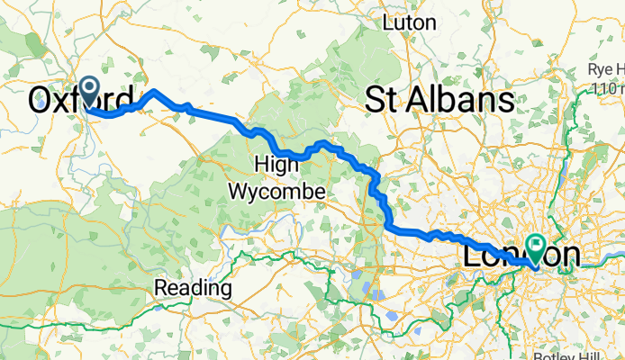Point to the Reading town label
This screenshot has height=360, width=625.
[x=193, y=288]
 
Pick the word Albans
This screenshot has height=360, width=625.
[x=461, y=101]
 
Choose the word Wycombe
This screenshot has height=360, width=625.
[x=277, y=191]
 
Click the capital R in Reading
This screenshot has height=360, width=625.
[x=161, y=288]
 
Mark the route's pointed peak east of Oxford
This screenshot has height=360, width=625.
[x=154, y=91]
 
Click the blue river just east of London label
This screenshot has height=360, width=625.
[x=594, y=259]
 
